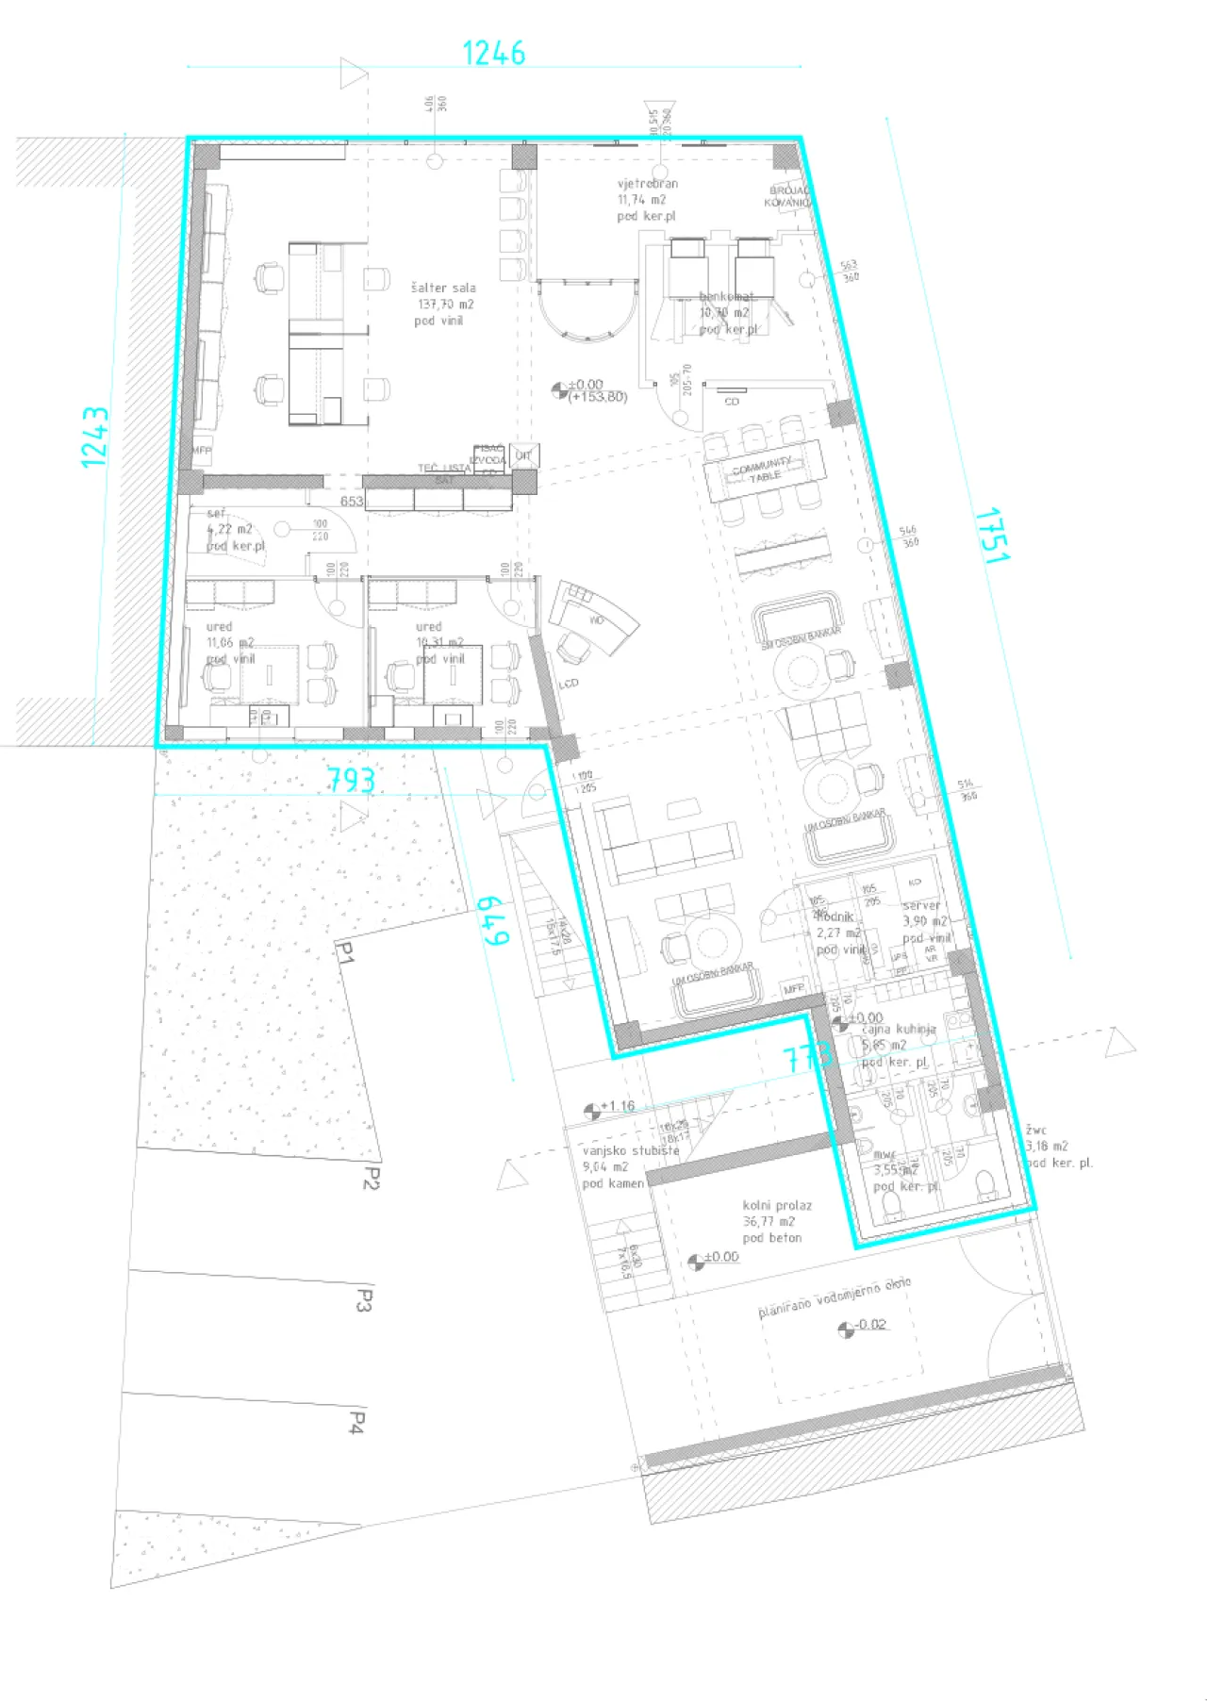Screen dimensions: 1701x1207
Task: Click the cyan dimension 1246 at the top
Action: [493, 53]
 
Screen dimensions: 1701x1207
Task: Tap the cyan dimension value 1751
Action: [991, 536]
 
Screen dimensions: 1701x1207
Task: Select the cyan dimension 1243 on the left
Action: [94, 437]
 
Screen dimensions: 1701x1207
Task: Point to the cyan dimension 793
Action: [351, 780]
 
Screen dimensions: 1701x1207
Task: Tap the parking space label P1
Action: [344, 954]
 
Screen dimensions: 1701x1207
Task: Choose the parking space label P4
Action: [355, 1422]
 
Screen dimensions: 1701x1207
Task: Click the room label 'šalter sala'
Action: [443, 288]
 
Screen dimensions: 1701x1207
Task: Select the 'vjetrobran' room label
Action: [648, 184]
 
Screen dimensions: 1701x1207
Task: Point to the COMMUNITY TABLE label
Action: [763, 470]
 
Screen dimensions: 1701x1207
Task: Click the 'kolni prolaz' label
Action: [777, 1205]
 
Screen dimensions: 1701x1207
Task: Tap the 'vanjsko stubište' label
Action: [630, 1150]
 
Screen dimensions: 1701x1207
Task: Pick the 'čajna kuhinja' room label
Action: [899, 1029]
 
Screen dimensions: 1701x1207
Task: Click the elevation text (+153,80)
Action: [598, 397]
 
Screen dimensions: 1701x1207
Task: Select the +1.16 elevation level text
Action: [618, 1106]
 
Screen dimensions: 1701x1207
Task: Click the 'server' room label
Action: [921, 905]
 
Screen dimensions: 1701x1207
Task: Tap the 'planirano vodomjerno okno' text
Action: [835, 1297]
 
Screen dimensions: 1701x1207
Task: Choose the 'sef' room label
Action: [217, 514]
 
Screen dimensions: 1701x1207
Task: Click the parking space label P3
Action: [364, 1301]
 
